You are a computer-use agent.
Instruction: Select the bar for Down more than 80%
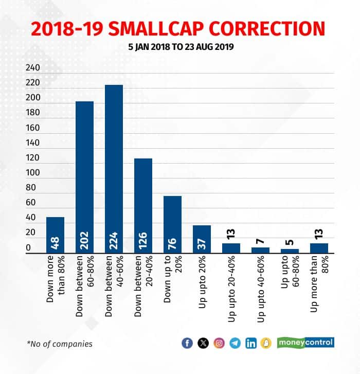point(55,235)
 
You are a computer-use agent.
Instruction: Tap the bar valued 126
point(143,205)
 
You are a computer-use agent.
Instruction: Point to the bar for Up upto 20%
point(202,239)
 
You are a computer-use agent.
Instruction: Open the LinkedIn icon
point(251,343)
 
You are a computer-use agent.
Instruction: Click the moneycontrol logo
point(306,342)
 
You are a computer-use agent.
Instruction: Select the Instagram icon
point(220,343)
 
